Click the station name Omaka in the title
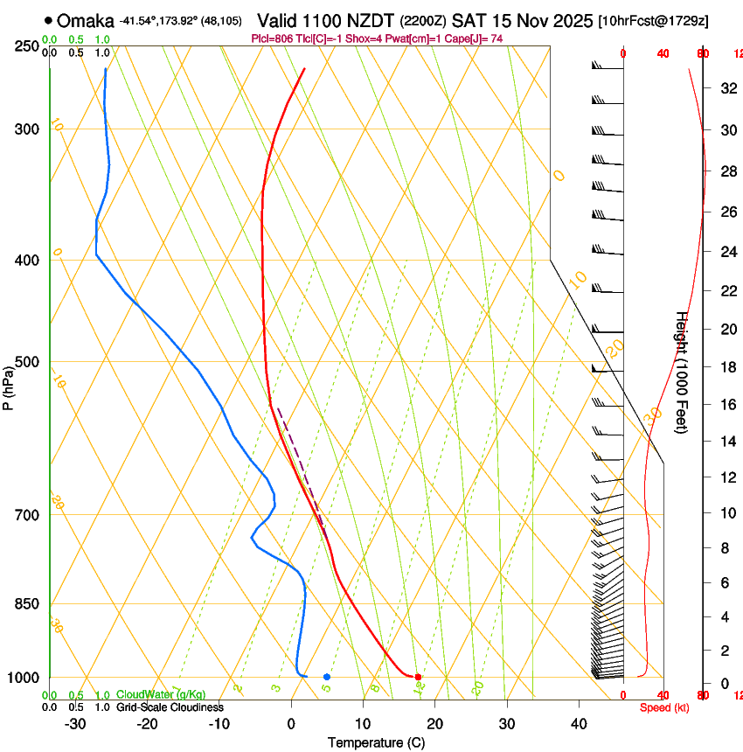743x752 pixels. pos(85,20)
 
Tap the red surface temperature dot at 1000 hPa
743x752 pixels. pos(418,677)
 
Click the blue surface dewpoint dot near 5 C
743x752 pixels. pos(326,677)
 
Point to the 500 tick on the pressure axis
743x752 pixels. pos(25,363)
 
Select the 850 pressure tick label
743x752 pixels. pos(25,604)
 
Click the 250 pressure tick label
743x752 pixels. pos(25,46)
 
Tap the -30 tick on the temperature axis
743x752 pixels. pos(75,724)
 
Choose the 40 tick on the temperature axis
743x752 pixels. pos(578,724)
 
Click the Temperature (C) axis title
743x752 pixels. pos(376,742)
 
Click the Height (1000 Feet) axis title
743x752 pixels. pos(682,373)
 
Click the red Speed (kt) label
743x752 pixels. pos(664,707)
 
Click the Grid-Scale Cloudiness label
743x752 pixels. pos(170,707)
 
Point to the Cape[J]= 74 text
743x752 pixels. pos(476,39)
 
